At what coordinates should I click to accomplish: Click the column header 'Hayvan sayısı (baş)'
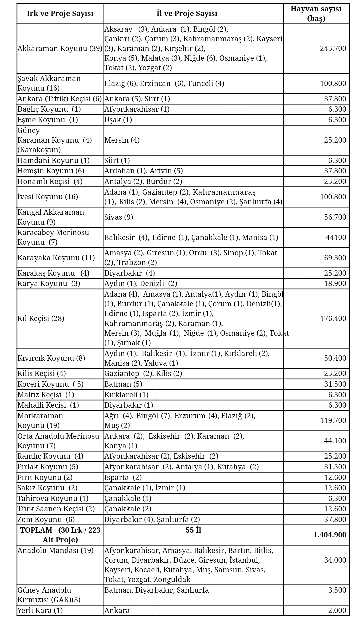tap(316, 14)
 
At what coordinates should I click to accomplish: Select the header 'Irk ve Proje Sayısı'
tap(60, 14)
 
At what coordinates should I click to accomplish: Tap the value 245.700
tap(333, 49)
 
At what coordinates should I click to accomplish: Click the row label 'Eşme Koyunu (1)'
tap(48, 120)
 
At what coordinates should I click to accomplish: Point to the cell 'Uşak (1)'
tap(118, 120)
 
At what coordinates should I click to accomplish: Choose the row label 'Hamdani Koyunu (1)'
tap(54, 161)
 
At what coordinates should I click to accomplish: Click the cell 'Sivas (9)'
tap(119, 217)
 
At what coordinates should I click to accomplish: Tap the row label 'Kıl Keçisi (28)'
tap(41, 319)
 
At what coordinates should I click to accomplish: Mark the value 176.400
tap(333, 319)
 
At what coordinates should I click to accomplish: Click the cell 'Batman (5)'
tap(123, 384)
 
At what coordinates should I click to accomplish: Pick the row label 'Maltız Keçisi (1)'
tap(46, 395)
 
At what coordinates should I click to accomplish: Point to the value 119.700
tap(333, 421)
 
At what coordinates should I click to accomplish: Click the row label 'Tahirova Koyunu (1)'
tap(53, 499)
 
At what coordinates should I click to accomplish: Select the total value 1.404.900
tap(330, 535)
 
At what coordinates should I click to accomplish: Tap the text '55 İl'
tap(193, 530)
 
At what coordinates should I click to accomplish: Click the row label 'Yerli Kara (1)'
tap(40, 611)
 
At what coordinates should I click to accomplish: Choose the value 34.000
tap(335, 560)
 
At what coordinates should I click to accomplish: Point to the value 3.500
tap(337, 590)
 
